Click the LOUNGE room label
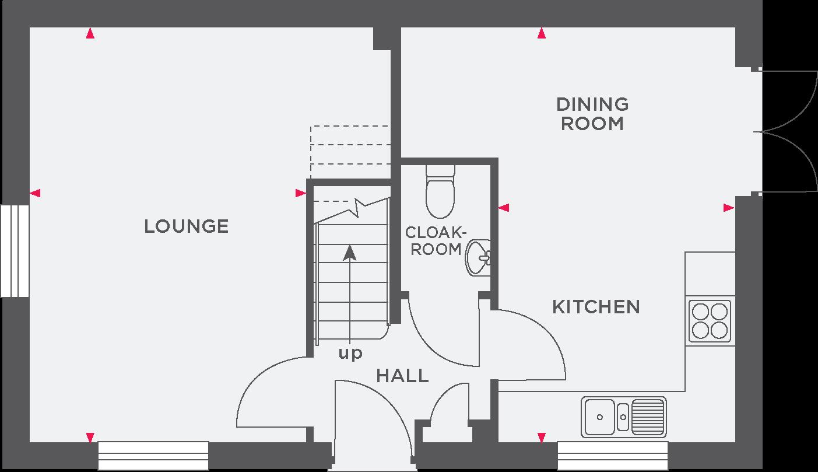(x=186, y=226)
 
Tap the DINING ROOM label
(x=592, y=114)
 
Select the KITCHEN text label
(x=596, y=307)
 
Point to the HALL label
(x=402, y=376)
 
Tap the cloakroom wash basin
(x=479, y=257)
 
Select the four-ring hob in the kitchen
(x=710, y=321)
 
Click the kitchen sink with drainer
(x=623, y=417)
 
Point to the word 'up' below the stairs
(x=350, y=353)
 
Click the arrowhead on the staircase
(x=349, y=252)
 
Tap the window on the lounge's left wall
(x=15, y=251)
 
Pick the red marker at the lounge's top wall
(x=90, y=34)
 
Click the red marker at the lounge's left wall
(x=35, y=193)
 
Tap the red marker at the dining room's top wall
(x=542, y=34)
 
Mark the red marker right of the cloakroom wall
(x=504, y=207)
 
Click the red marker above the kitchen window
(x=542, y=437)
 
